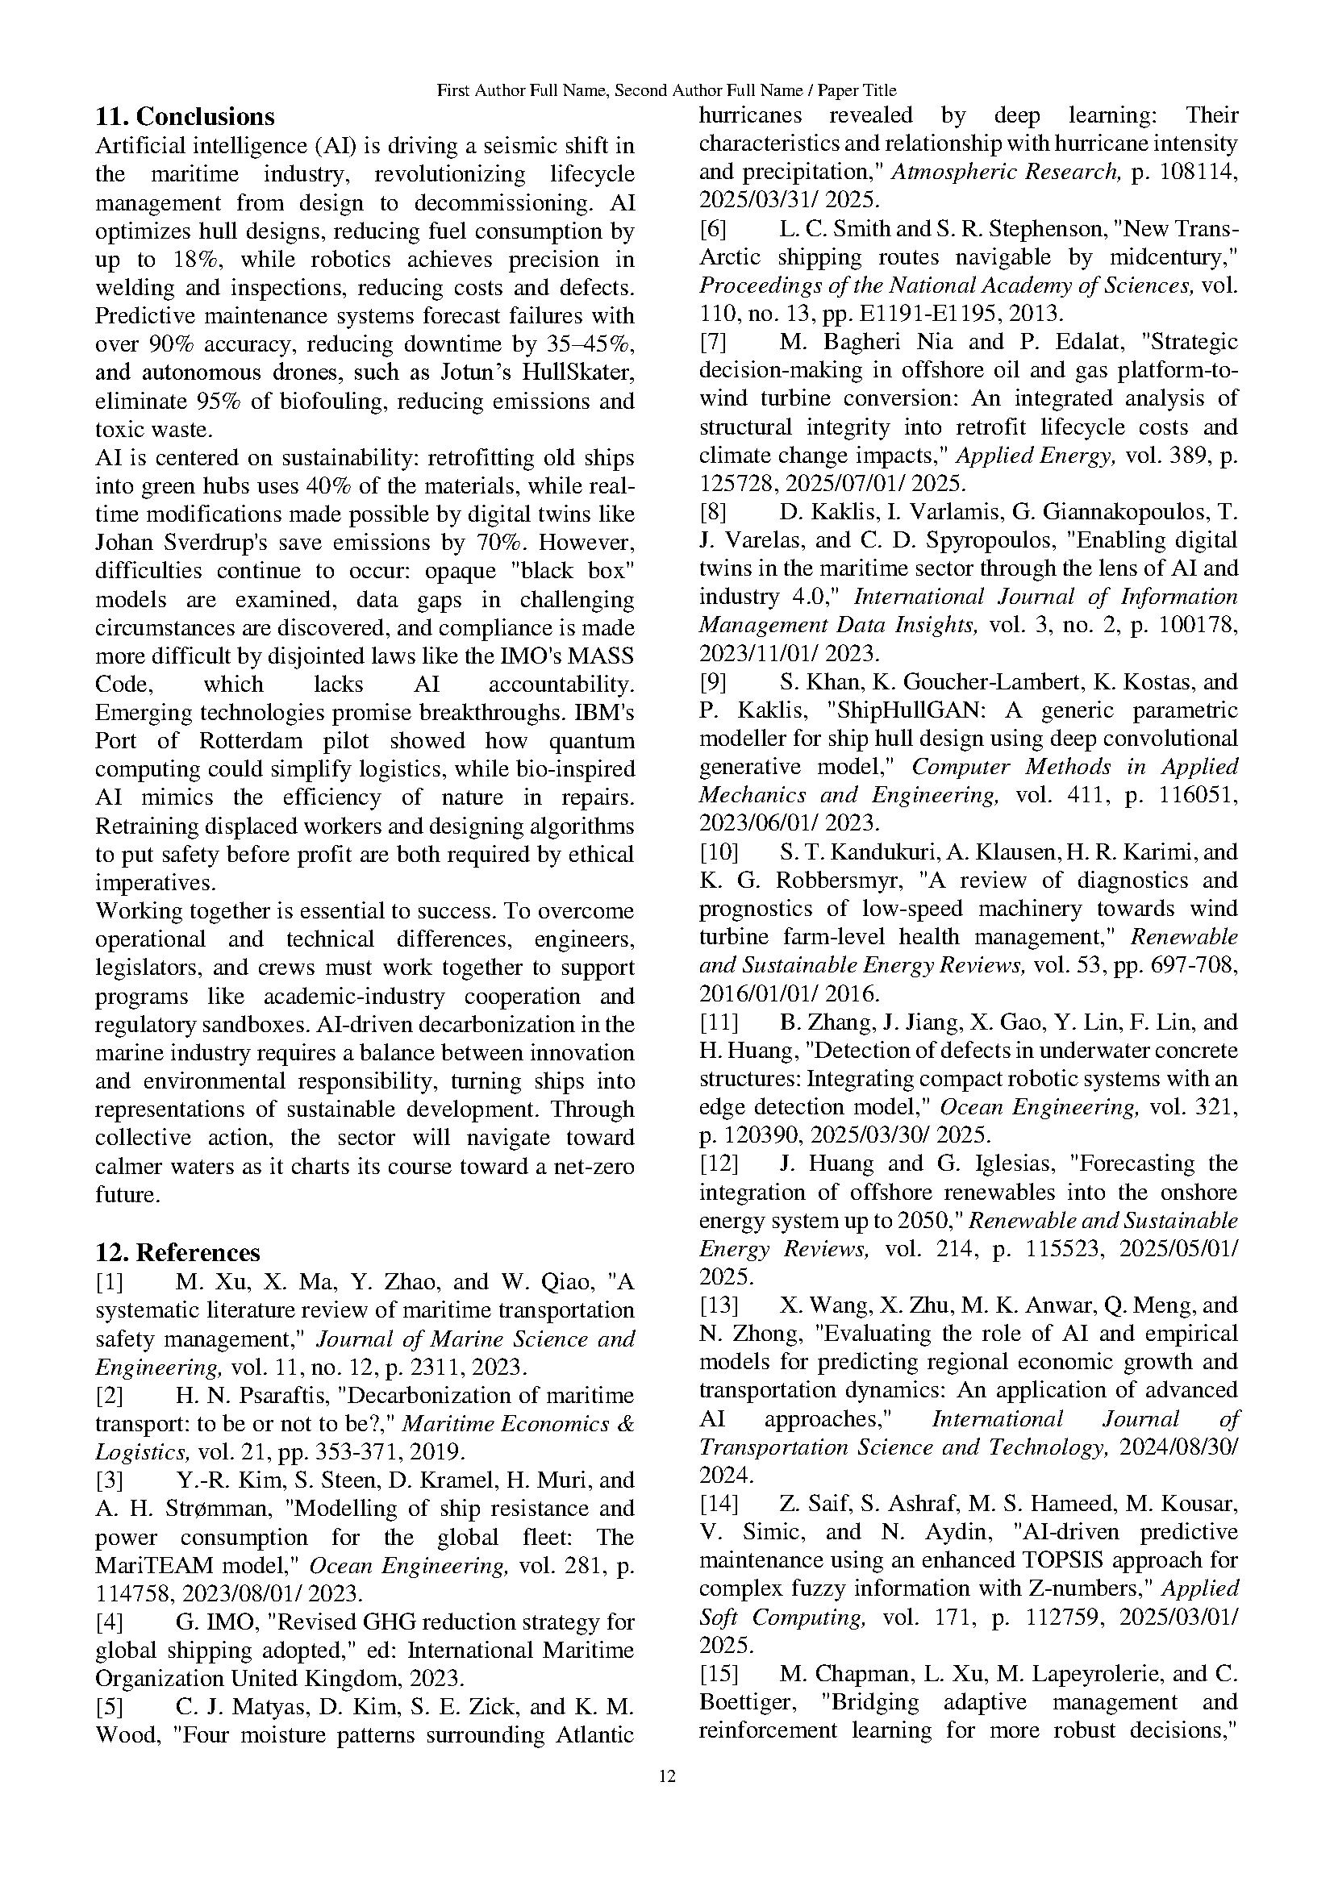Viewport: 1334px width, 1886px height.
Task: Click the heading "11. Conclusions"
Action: click(x=185, y=116)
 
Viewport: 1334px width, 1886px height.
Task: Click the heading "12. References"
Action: click(x=177, y=1252)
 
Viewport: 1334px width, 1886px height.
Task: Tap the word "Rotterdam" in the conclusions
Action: click(x=251, y=741)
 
